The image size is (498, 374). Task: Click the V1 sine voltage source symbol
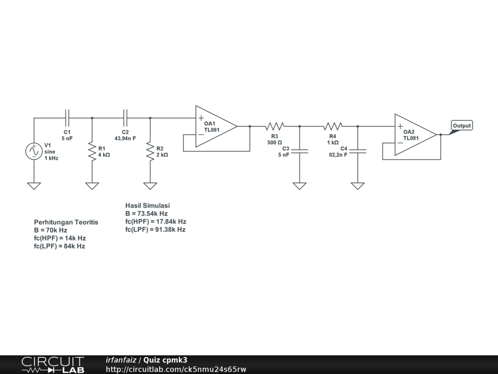(x=34, y=151)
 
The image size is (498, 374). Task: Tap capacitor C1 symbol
(x=67, y=117)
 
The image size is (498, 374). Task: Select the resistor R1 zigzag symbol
(x=92, y=151)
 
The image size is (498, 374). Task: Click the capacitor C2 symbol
(x=125, y=117)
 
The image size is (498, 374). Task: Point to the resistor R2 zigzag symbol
(x=150, y=151)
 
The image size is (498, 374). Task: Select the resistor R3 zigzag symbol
(x=275, y=126)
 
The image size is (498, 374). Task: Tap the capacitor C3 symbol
(x=300, y=151)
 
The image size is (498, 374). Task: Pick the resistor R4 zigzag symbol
(x=333, y=126)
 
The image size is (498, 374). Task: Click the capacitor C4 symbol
(x=358, y=151)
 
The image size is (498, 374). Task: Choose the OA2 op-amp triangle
(x=414, y=134)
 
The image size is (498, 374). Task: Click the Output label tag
(x=462, y=126)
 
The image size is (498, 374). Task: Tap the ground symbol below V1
(x=34, y=186)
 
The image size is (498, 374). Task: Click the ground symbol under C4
(x=358, y=186)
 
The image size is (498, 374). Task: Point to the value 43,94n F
(x=125, y=139)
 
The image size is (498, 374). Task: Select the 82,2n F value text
(x=338, y=155)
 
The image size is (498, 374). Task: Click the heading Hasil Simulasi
(x=147, y=206)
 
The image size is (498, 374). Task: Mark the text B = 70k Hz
(x=51, y=230)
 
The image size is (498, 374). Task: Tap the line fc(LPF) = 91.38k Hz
(x=155, y=229)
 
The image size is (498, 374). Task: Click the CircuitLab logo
(x=53, y=365)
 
